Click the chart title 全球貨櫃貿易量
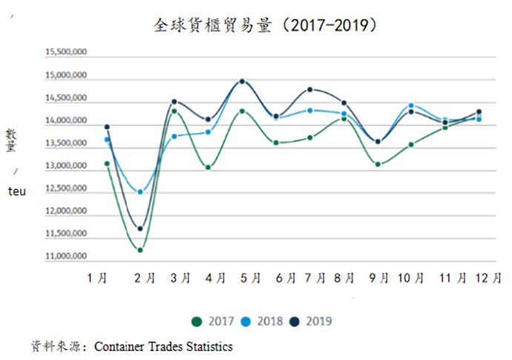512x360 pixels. [x=213, y=25]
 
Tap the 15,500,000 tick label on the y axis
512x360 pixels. [x=66, y=52]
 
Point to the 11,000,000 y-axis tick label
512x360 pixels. [x=66, y=256]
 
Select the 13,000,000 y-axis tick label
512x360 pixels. [x=66, y=165]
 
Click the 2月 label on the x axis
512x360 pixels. [x=144, y=278]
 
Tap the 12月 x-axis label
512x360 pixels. [x=488, y=278]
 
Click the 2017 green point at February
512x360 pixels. [x=140, y=250]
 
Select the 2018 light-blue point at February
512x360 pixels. [x=140, y=192]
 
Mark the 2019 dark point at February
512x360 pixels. [x=140, y=229]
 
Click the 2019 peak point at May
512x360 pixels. [x=242, y=81]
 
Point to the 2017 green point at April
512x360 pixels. [x=208, y=167]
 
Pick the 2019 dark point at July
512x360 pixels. [x=310, y=90]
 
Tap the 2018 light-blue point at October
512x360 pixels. [x=411, y=105]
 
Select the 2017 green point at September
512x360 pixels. [x=378, y=164]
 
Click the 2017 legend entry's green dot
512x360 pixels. [x=196, y=321]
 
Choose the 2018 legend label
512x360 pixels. [x=270, y=321]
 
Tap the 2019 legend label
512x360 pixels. [x=319, y=321]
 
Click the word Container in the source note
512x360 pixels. [x=120, y=347]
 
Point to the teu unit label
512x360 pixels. [x=17, y=191]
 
